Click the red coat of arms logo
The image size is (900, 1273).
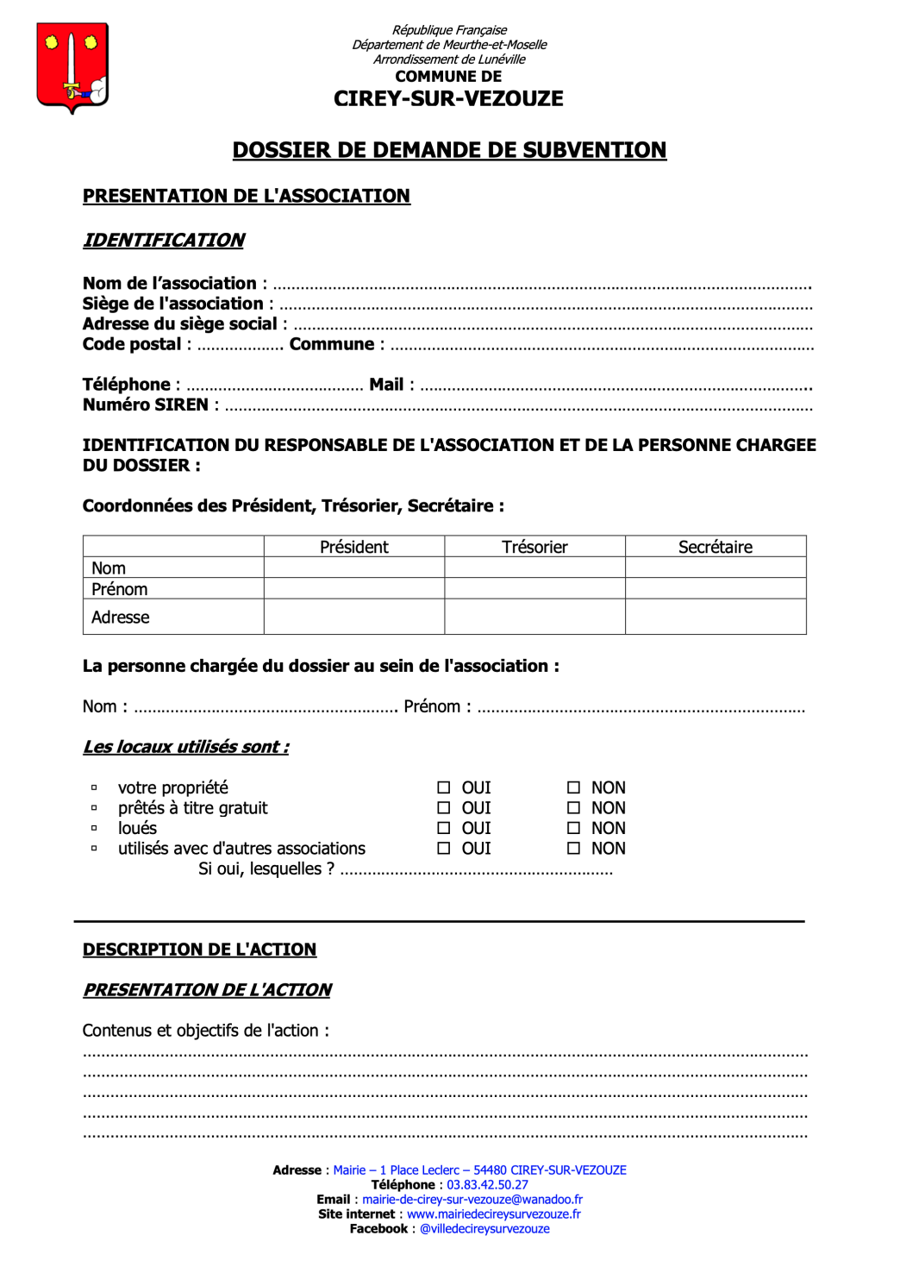click(x=72, y=67)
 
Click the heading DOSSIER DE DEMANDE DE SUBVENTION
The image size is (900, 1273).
click(x=449, y=150)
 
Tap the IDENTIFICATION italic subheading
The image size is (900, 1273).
click(x=164, y=241)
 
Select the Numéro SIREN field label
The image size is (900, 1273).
click(x=146, y=404)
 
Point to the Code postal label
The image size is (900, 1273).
click(x=132, y=344)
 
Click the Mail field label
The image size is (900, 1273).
click(x=386, y=385)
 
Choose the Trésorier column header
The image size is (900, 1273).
click(x=534, y=547)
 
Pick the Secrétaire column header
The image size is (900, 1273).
click(x=715, y=547)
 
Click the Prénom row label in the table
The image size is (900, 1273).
click(x=120, y=589)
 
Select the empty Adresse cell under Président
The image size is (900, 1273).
click(x=354, y=617)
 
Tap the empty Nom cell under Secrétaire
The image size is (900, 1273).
click(x=715, y=568)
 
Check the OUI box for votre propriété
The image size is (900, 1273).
click(x=444, y=787)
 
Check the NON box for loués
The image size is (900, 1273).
click(x=573, y=828)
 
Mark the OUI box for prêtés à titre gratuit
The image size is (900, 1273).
click(x=444, y=808)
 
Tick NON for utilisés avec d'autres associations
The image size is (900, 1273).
click(x=573, y=849)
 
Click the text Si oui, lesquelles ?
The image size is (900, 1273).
click(x=266, y=869)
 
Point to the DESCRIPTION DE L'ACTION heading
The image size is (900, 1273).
click(x=199, y=950)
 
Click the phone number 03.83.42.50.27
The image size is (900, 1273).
click(x=487, y=1185)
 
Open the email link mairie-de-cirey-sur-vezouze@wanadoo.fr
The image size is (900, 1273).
click(x=472, y=1200)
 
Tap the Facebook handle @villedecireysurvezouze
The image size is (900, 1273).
click(x=484, y=1229)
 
